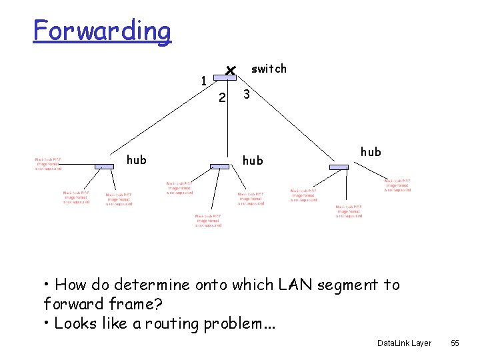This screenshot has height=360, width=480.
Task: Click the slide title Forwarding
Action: tap(102, 31)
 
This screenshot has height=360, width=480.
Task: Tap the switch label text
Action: tap(269, 69)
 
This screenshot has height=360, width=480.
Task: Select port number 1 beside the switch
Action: tap(204, 81)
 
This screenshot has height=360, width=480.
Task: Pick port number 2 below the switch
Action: tap(223, 98)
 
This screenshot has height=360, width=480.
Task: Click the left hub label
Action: tap(137, 160)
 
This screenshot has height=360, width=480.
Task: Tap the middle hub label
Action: tap(253, 160)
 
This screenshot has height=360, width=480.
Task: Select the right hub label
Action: tap(371, 151)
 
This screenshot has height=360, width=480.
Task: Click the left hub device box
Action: tap(104, 166)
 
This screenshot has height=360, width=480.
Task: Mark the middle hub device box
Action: tap(219, 166)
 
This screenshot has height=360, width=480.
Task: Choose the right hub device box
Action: tap(339, 167)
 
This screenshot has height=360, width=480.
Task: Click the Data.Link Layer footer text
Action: tap(404, 343)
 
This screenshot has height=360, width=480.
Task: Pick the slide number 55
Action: tap(455, 343)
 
